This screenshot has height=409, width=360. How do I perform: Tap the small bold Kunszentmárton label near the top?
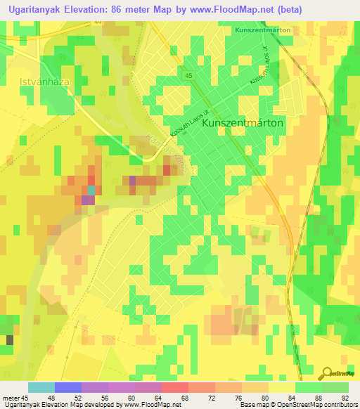click(x=262, y=31)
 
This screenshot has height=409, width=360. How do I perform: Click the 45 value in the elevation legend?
click(x=27, y=398)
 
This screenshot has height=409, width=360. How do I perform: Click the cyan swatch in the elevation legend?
click(x=41, y=387)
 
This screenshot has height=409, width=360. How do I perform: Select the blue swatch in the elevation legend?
click(x=67, y=387)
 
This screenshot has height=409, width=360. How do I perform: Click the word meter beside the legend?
click(x=12, y=398)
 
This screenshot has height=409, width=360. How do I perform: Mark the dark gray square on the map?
click(x=10, y=340)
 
